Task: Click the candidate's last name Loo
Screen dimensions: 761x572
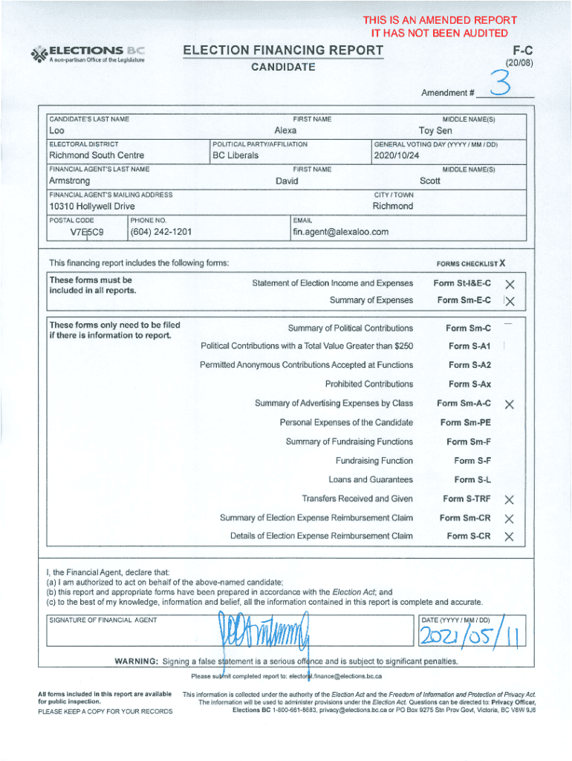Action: point(56,130)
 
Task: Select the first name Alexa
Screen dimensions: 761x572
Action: point(285,130)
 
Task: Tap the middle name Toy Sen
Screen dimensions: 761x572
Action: point(435,130)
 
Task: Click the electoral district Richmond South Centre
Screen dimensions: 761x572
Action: point(97,155)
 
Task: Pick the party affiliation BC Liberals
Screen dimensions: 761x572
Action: point(235,155)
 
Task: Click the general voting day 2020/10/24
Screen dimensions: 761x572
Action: point(397,156)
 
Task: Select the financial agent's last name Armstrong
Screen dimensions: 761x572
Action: point(69,181)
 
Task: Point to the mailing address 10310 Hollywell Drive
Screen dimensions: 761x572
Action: point(91,206)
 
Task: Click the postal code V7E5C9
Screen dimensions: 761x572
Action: point(87,232)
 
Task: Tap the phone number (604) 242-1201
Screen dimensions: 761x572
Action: point(160,232)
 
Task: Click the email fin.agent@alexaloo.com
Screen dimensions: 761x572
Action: point(341,232)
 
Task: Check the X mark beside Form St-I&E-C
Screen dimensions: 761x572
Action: point(510,284)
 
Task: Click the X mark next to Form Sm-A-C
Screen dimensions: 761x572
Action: point(510,404)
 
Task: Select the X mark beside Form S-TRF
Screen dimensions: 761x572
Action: point(510,499)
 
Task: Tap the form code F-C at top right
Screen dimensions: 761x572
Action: point(524,51)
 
